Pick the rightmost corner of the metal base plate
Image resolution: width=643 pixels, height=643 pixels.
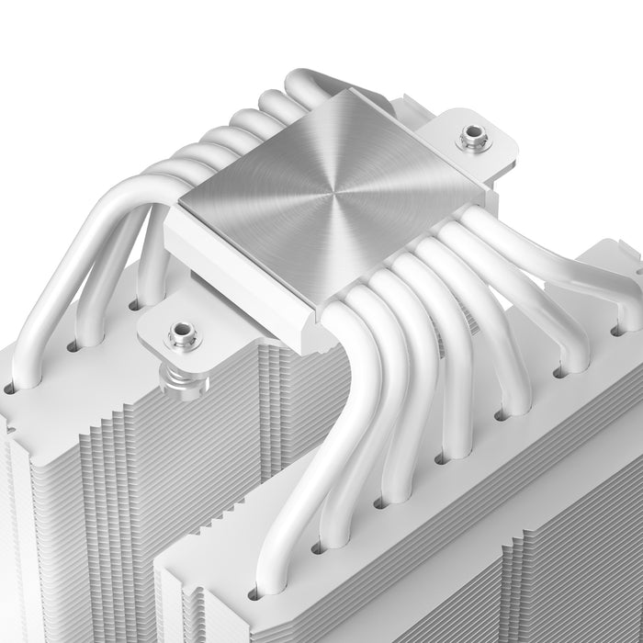tap(485, 194)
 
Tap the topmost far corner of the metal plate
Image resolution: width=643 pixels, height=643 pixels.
tap(345, 91)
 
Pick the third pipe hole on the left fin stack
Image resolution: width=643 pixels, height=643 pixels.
tap(134, 303)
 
